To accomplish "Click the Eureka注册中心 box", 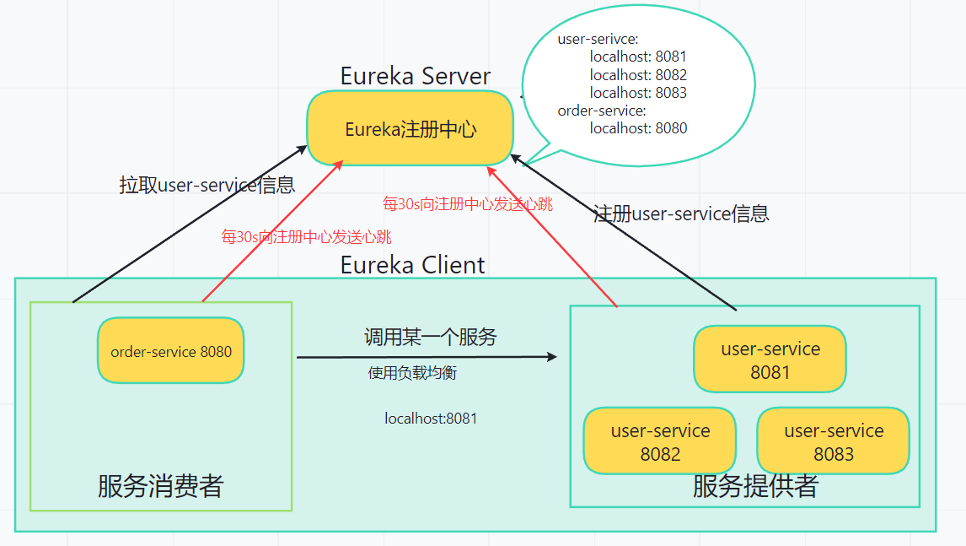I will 411,129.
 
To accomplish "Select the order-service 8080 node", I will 171,351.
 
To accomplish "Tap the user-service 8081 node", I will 770,359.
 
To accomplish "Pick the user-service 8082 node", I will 660,441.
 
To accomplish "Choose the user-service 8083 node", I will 833,441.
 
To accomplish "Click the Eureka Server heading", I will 415,76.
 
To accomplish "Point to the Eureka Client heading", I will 412,265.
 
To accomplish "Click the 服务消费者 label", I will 160,486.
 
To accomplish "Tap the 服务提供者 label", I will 754,486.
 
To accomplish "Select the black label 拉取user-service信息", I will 207,186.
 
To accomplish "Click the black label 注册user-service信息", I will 681,214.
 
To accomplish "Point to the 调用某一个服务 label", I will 430,338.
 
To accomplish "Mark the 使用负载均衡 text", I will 412,373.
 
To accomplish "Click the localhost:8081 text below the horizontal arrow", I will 431,418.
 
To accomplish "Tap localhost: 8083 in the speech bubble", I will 638,93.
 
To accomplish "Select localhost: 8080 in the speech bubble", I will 638,128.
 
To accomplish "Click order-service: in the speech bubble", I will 602,111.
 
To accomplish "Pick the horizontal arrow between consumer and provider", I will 426,357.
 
